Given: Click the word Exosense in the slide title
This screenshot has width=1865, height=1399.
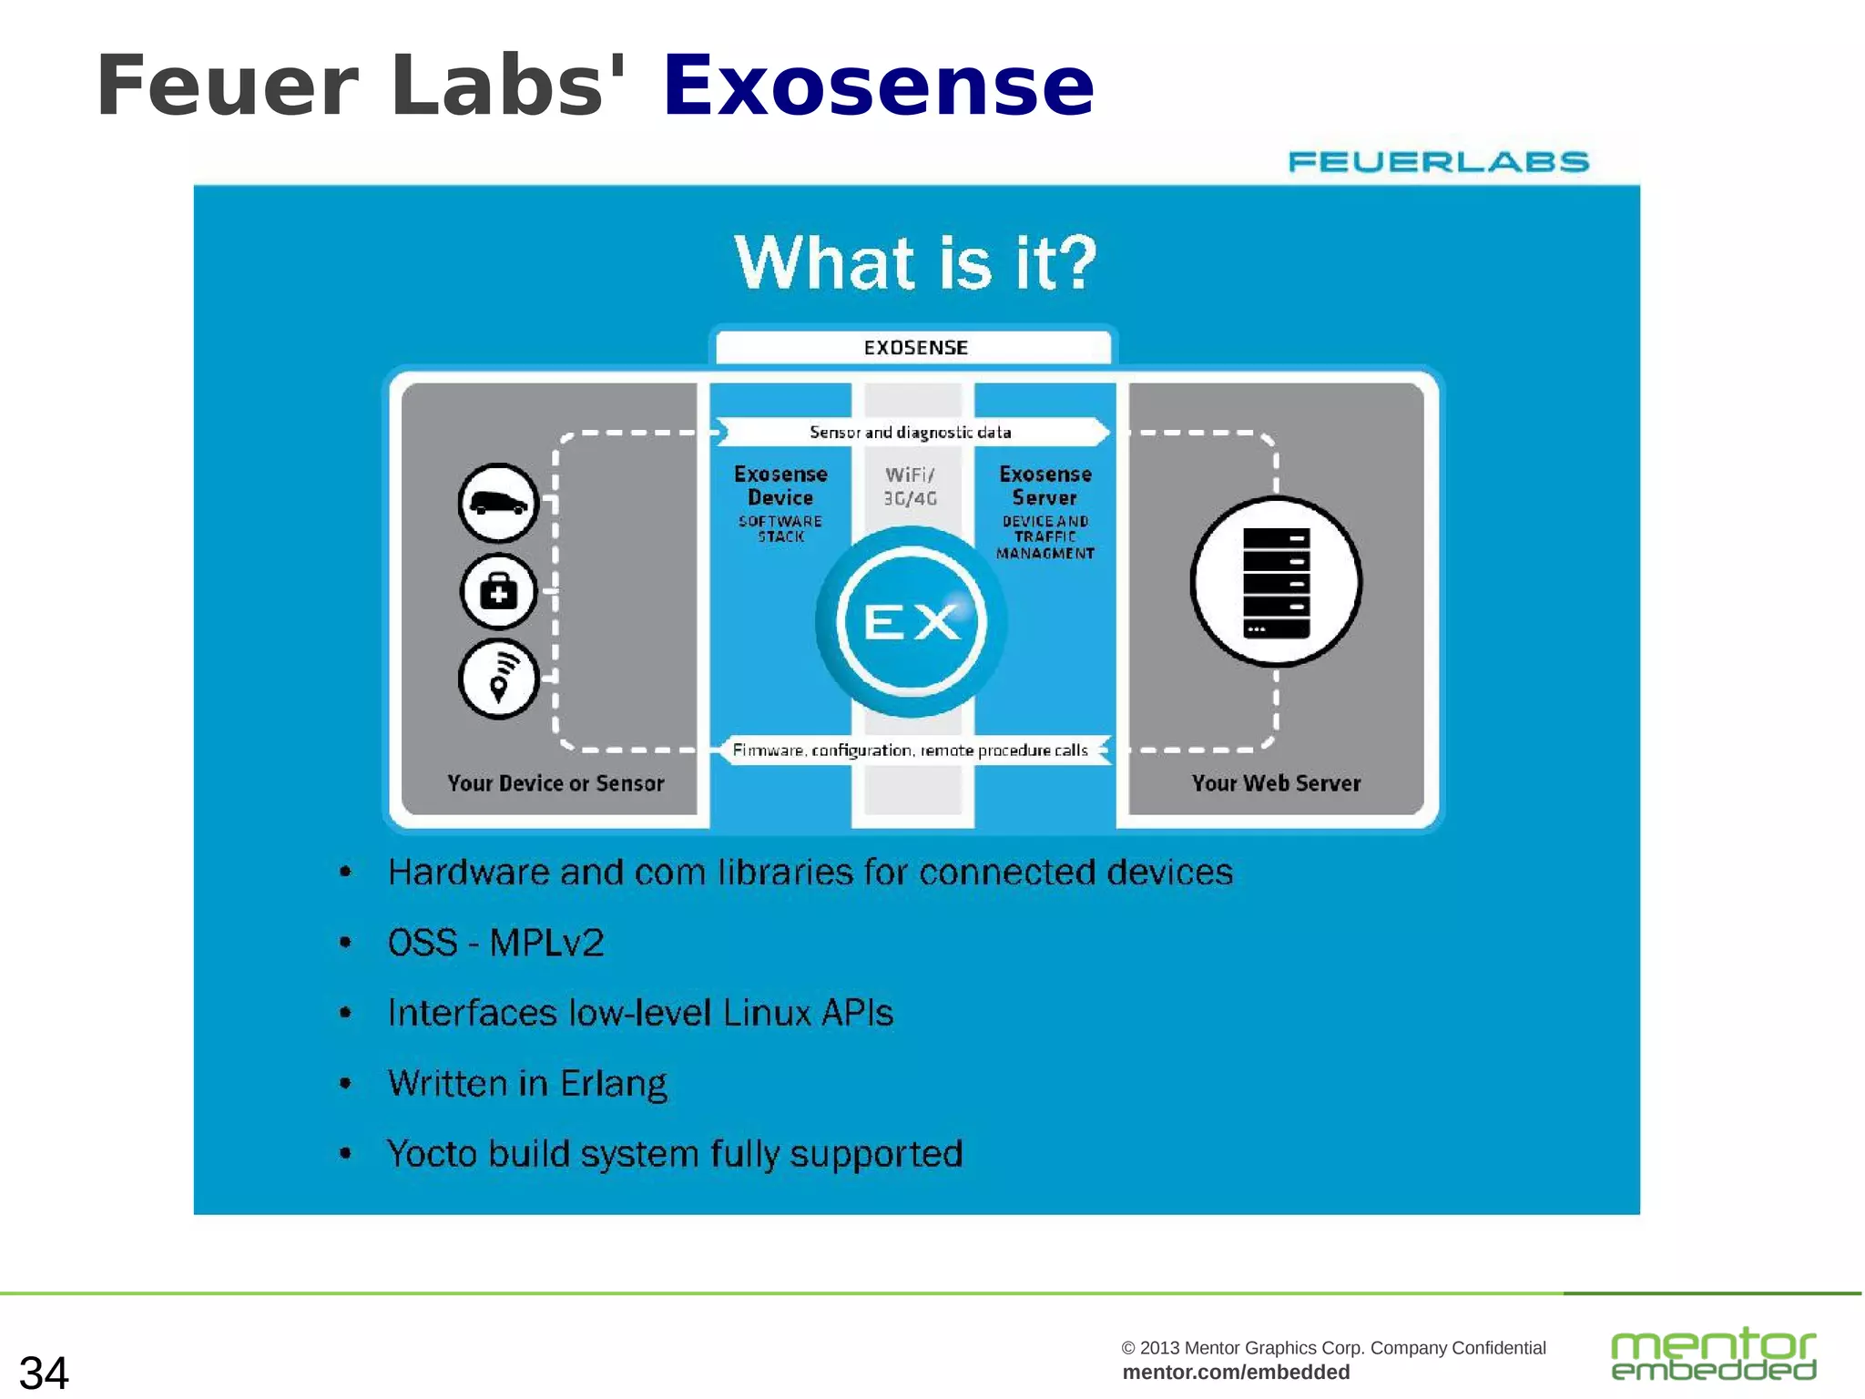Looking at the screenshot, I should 878,87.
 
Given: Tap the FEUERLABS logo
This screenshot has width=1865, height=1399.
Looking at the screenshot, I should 1438,162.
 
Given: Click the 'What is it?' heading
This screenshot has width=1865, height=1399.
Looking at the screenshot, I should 915,262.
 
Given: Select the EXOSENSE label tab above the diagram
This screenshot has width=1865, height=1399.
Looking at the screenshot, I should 914,347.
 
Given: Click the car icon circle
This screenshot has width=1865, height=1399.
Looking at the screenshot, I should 498,503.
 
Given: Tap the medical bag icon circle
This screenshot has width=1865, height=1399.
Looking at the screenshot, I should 498,592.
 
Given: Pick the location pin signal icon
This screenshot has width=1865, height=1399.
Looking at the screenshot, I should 498,679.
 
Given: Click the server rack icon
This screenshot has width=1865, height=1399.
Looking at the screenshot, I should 1276,582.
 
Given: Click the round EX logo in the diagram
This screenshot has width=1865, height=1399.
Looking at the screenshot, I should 911,622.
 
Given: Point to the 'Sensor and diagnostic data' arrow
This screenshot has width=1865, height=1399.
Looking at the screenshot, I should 911,432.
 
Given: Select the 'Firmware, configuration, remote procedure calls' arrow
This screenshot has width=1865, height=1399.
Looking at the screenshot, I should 911,750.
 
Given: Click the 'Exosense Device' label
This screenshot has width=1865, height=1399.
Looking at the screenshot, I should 780,486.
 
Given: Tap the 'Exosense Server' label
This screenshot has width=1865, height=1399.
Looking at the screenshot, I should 1045,486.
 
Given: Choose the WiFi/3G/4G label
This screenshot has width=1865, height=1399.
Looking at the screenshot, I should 911,486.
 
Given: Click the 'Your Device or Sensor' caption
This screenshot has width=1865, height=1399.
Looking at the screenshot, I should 555,783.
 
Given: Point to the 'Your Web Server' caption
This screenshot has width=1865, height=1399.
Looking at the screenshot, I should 1276,783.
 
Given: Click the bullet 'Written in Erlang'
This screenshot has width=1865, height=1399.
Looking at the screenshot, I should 527,1083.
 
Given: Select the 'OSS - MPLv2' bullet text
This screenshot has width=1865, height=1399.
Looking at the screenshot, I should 495,943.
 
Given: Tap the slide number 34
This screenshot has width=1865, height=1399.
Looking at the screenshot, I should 44,1372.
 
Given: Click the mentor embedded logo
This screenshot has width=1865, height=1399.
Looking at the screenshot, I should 1713,1354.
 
